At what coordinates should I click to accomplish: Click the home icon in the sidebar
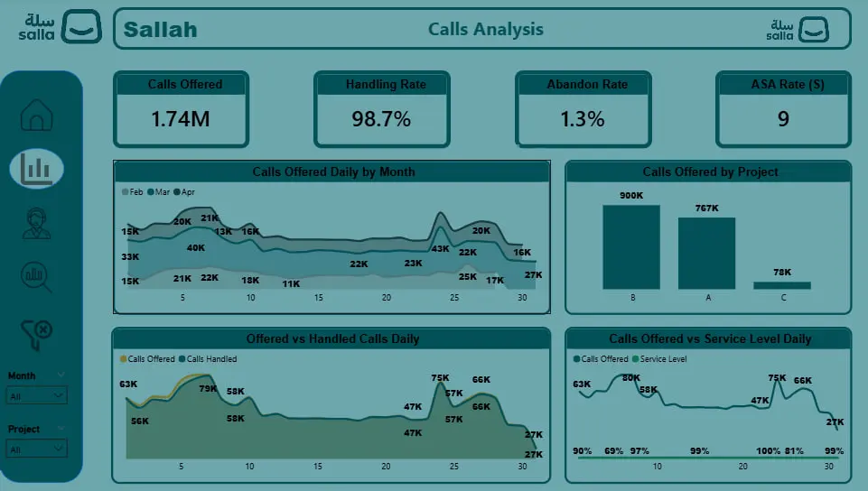click(36, 115)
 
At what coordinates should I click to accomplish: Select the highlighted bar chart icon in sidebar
click(37, 168)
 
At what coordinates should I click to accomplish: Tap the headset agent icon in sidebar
click(37, 222)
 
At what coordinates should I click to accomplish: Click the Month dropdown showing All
click(36, 395)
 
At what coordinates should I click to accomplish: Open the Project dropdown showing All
click(36, 448)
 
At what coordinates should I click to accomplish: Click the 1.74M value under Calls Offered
click(180, 118)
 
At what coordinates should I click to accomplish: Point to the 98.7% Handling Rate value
click(381, 118)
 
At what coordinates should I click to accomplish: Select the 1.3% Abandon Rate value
click(582, 118)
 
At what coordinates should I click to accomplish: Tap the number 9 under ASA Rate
click(783, 118)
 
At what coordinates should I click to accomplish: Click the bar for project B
click(631, 246)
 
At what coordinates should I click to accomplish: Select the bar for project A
click(706, 253)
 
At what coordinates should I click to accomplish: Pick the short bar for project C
click(781, 285)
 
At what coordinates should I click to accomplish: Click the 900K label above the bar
click(631, 196)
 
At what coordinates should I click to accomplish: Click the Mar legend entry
click(161, 192)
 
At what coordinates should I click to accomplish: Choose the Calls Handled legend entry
click(210, 359)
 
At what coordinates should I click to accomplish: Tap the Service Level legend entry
click(666, 359)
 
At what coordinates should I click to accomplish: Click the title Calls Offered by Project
click(710, 171)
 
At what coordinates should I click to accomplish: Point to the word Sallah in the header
click(160, 30)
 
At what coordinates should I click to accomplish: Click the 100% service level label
click(769, 450)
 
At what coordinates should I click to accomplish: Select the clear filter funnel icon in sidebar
click(36, 333)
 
